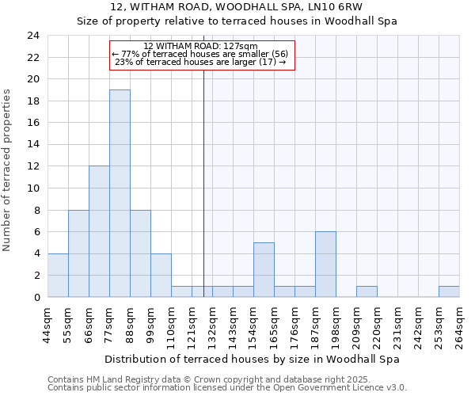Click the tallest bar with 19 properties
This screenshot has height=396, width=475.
tap(120, 193)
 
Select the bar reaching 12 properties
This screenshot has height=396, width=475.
tap(99, 231)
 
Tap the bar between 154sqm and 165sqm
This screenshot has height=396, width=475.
tap(264, 269)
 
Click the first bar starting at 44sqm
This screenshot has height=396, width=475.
tap(58, 275)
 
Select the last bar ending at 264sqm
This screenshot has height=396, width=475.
tap(449, 291)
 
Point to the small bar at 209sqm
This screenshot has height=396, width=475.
tap(367, 291)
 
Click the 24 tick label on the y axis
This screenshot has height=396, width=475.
tap(32, 36)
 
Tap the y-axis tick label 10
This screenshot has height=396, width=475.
tap(32, 188)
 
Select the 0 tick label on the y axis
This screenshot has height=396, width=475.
tap(36, 298)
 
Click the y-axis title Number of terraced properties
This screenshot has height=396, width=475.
tap(7, 169)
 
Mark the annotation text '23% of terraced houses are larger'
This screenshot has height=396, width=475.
tap(200, 61)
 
